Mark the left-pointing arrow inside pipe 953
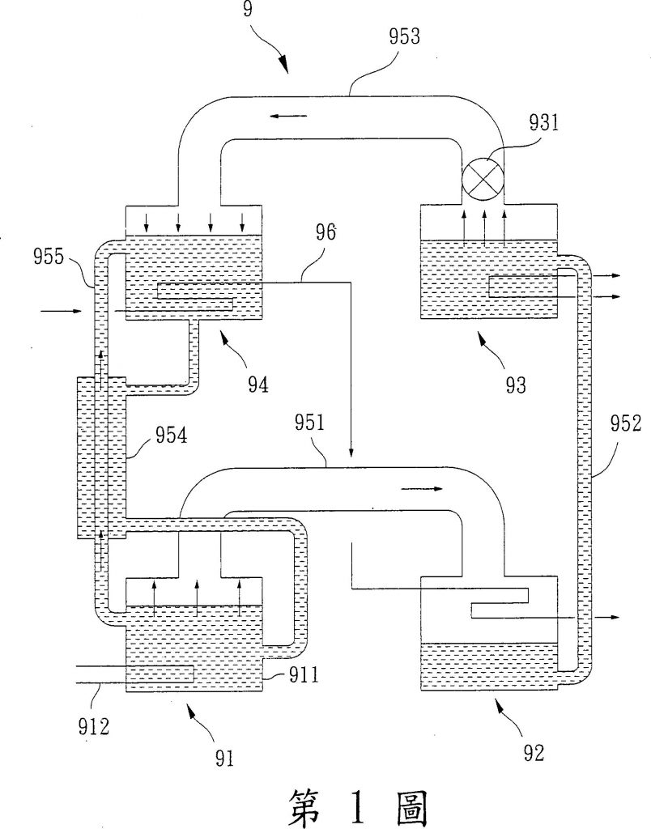pyautogui.click(x=289, y=117)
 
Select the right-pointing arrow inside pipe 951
pyautogui.click(x=422, y=489)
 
